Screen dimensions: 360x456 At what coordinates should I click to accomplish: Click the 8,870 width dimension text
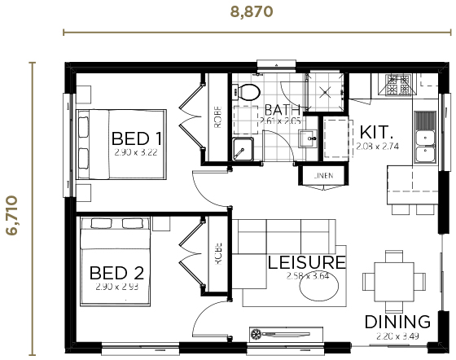click(x=252, y=11)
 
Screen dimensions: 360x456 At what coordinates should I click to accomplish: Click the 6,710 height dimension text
click(x=11, y=207)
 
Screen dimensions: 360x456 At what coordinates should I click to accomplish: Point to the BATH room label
click(x=283, y=110)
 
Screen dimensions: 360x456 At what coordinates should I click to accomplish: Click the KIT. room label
click(x=377, y=132)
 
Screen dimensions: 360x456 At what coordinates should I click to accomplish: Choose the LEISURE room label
click(x=307, y=262)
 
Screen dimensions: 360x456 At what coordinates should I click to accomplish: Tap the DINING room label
click(x=397, y=321)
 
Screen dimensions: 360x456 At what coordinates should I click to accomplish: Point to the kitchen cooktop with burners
click(x=401, y=81)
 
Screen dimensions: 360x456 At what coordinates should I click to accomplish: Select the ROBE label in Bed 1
click(x=218, y=119)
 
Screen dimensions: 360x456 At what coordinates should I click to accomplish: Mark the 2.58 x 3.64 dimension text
click(x=307, y=277)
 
